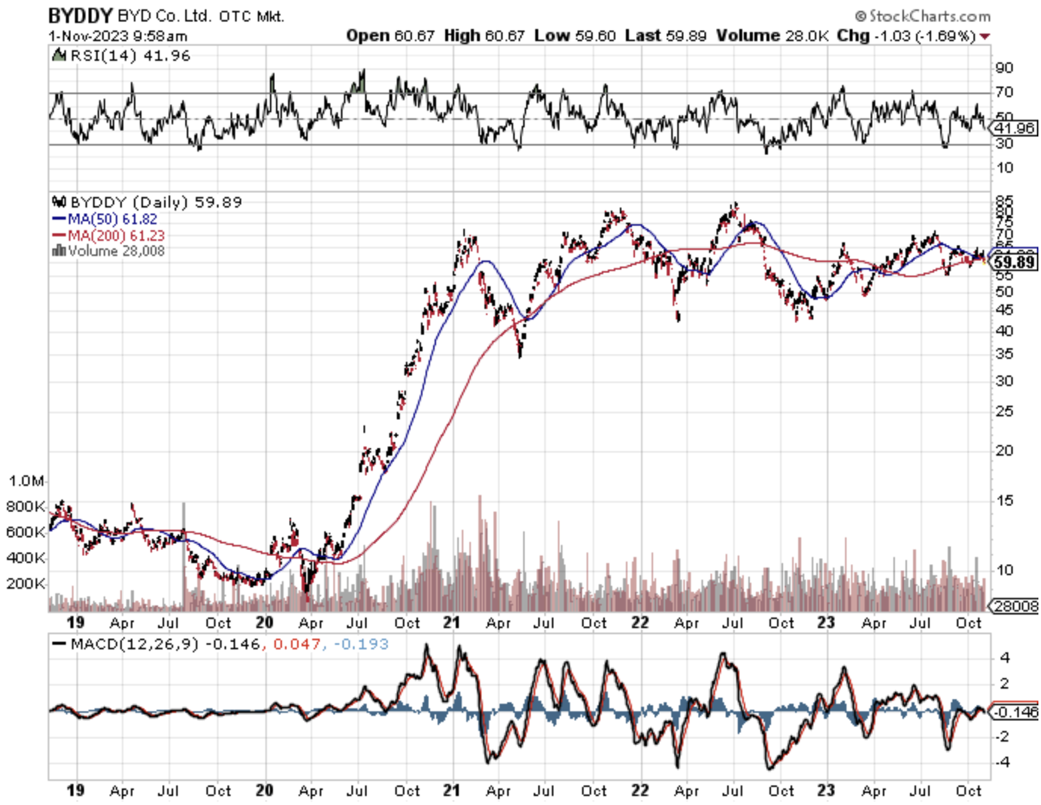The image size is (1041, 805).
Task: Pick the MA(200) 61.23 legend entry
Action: point(109,235)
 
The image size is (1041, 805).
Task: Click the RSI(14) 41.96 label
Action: point(122,55)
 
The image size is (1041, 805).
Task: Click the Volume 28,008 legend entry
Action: point(109,251)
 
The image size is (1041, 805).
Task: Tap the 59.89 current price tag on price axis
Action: point(1014,262)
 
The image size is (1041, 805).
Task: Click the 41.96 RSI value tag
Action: point(1014,128)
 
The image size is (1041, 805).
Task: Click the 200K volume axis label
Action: point(26,583)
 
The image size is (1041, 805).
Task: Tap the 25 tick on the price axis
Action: point(1004,411)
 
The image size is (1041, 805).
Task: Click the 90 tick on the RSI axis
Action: point(1004,67)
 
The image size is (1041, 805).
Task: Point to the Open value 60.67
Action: point(414,35)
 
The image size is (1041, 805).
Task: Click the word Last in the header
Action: point(643,35)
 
